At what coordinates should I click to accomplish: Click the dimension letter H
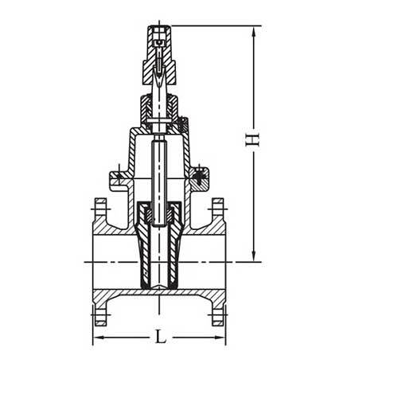coord(252,140)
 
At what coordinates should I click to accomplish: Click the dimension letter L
coord(160,338)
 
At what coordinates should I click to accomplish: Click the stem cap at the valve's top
coord(158,37)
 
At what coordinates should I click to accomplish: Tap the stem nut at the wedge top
coord(159,213)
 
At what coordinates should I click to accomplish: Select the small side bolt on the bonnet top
coord(182,124)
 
